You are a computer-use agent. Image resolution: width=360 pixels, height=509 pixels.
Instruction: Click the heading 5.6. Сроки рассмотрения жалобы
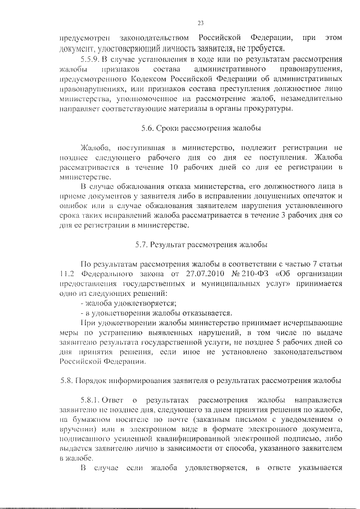coord(201,129)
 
